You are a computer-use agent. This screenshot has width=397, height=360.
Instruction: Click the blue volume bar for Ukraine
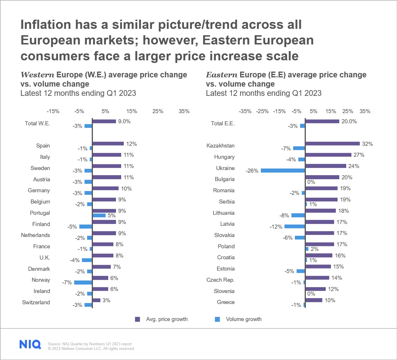point(283,171)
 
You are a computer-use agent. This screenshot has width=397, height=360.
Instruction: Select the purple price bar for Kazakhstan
point(333,143)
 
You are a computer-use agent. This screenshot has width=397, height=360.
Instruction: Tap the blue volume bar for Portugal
point(99,215)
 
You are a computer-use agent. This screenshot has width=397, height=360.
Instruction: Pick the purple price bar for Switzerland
point(96,300)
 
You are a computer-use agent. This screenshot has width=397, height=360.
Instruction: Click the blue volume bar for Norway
point(83,283)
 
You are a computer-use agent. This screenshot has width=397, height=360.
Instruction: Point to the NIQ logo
point(30,344)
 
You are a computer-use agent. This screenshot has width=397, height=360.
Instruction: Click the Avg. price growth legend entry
point(162,319)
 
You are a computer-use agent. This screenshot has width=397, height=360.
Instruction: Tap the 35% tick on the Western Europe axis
point(184,111)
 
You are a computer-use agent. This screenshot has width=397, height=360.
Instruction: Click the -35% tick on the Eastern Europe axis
point(245,111)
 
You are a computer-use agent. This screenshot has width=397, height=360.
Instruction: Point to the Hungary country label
point(224,157)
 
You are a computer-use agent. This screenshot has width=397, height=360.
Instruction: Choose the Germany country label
point(39,191)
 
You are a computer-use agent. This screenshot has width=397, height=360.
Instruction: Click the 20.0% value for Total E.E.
point(349,122)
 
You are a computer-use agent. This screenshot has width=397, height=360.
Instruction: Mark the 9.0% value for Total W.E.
point(124,122)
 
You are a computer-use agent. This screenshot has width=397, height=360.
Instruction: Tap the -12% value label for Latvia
point(276,227)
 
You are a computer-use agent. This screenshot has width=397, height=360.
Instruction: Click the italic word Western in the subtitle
point(37,75)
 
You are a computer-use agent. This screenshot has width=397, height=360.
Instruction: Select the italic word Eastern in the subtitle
point(221,75)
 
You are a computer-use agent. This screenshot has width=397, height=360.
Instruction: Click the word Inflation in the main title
point(46,25)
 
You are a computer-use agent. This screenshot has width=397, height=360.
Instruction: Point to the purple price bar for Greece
point(314,300)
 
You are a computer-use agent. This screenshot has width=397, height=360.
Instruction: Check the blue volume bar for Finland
point(86,227)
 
